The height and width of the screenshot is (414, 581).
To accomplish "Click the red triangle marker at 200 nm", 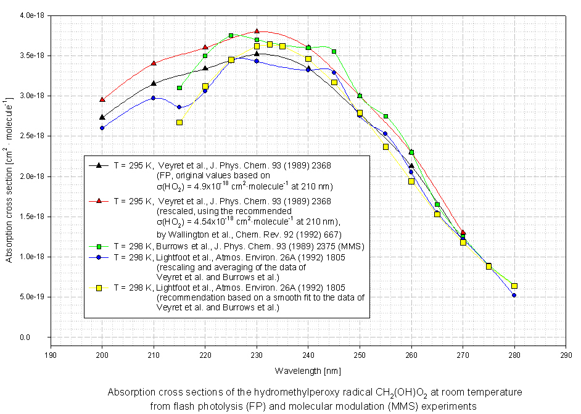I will [102, 99].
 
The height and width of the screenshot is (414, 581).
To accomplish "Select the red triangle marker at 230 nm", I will [257, 31].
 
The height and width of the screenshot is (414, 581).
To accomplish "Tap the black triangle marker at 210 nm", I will [154, 83].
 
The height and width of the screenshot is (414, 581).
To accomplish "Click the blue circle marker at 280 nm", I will [514, 295].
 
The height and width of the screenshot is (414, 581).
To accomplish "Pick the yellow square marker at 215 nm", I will [179, 122].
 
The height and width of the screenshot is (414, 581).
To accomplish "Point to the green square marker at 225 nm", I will [231, 36].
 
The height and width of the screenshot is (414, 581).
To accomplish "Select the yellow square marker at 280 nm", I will [514, 286].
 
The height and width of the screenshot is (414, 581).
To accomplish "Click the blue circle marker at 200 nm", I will [102, 128].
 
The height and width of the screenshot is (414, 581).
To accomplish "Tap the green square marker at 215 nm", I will [179, 88].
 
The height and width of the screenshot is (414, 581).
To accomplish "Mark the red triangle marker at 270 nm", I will [463, 233].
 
